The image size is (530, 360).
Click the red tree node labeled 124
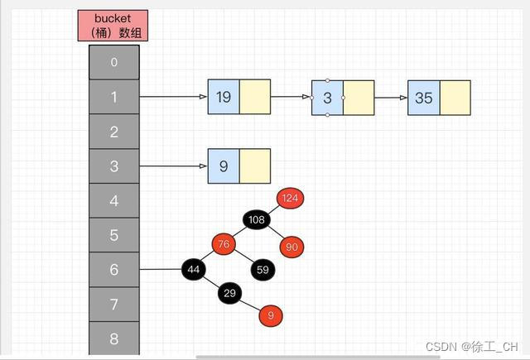pyautogui.click(x=290, y=198)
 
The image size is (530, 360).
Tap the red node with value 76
pyautogui.click(x=223, y=244)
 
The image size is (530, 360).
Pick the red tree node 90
pyautogui.click(x=291, y=247)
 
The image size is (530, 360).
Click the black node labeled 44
pyautogui.click(x=195, y=270)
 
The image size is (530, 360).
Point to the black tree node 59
pyautogui.click(x=263, y=270)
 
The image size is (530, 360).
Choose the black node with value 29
pyautogui.click(x=230, y=294)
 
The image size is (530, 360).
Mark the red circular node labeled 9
pyautogui.click(x=271, y=315)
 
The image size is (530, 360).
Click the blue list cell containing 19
pyautogui.click(x=224, y=98)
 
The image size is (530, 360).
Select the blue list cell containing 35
pyautogui.click(x=423, y=98)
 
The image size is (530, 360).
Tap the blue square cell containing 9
pyautogui.click(x=224, y=166)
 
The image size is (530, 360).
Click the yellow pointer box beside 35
pyautogui.click(x=455, y=98)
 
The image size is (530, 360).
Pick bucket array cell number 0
pyautogui.click(x=114, y=62)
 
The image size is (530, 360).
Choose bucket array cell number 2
pyautogui.click(x=114, y=132)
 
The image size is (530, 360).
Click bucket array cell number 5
pyautogui.click(x=114, y=235)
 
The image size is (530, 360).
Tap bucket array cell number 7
pyautogui.click(x=114, y=305)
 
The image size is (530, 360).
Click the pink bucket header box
pyautogui.click(x=113, y=26)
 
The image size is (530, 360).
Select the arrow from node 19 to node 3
pyautogui.click(x=291, y=98)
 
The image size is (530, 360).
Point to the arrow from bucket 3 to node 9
pyautogui.click(x=174, y=166)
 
